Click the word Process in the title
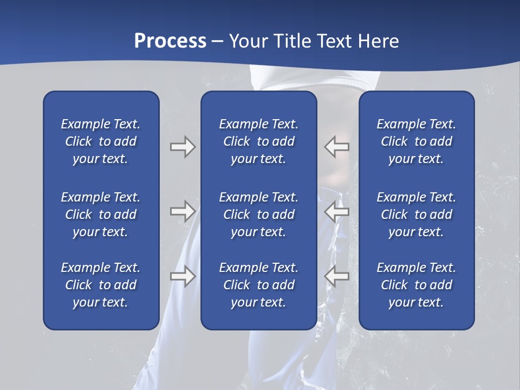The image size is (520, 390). (170, 41)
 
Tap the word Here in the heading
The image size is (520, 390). (377, 41)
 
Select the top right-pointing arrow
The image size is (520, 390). (183, 147)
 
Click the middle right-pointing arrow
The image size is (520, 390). (183, 211)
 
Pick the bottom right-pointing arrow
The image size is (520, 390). (183, 276)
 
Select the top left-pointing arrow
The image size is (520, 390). (336, 147)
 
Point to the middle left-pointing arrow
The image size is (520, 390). (336, 211)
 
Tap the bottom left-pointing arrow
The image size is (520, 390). (336, 276)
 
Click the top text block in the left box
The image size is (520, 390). (101, 141)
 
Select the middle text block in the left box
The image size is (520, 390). (101, 214)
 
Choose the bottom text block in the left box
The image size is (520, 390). (101, 285)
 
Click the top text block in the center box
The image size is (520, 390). (258, 141)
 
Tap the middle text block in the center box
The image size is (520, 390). (258, 214)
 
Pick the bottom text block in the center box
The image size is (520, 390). (258, 285)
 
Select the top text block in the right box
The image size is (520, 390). (416, 141)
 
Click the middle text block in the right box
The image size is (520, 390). (416, 214)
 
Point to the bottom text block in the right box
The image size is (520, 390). (416, 285)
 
